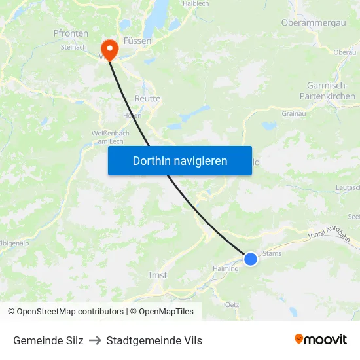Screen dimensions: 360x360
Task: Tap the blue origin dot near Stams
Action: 251,259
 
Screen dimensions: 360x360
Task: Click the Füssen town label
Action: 137,41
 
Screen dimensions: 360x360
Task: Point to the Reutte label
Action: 147,98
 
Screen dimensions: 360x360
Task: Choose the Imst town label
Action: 158,275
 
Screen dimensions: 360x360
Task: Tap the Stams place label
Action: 272,253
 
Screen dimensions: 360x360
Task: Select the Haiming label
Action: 226,268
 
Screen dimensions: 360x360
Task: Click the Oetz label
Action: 232,304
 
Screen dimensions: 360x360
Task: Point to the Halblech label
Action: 196,3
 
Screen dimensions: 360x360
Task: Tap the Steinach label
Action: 73,47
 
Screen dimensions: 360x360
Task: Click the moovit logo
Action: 321,340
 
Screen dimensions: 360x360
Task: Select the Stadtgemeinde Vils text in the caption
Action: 154,340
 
